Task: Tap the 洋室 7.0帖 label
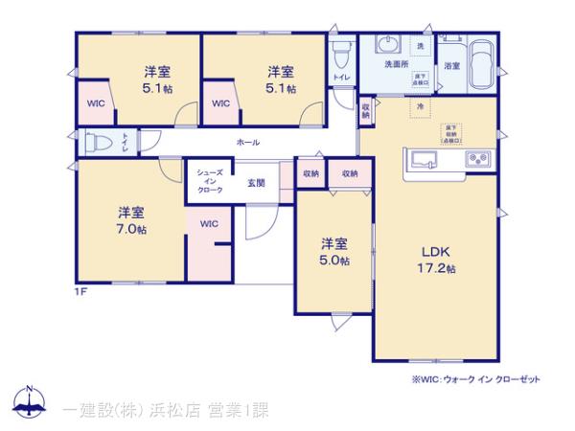click(x=132, y=219)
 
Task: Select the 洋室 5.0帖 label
click(x=334, y=251)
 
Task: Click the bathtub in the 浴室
click(x=481, y=65)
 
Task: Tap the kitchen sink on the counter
click(x=423, y=157)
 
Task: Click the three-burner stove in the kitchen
click(x=476, y=157)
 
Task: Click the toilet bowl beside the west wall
click(x=99, y=142)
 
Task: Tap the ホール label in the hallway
click(x=247, y=142)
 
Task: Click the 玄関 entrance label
click(x=255, y=182)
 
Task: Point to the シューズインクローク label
click(x=210, y=181)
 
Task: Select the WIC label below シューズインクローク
click(x=209, y=224)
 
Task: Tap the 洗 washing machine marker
click(x=420, y=46)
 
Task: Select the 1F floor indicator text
click(x=82, y=291)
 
